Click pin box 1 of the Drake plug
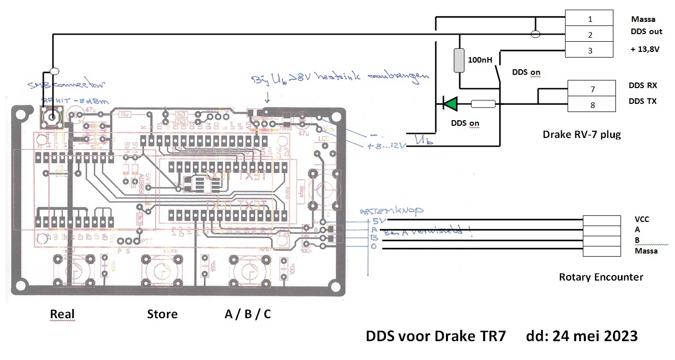(590, 19)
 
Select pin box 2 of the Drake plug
(590, 35)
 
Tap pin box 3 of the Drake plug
(590, 50)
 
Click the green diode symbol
(450, 104)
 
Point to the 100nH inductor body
(460, 60)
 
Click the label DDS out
(646, 32)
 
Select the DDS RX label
(643, 85)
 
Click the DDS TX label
(643, 101)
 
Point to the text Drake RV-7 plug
(582, 135)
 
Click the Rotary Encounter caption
(601, 277)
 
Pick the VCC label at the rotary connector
(642, 219)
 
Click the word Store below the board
(162, 314)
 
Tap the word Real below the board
(63, 314)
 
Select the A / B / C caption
(248, 314)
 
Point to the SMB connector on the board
(52, 118)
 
